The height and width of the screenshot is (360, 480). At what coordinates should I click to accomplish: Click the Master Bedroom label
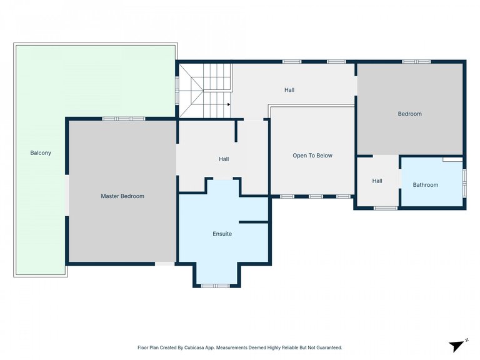122,196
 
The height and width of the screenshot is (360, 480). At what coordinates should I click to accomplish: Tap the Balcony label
41,153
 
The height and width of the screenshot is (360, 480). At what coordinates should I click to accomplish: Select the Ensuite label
222,234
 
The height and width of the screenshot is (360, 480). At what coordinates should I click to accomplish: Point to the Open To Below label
312,156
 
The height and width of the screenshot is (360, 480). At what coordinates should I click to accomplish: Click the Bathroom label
426,185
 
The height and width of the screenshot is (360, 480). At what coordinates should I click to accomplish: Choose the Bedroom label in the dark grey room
409,114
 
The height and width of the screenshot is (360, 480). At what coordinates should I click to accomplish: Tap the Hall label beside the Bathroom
377,181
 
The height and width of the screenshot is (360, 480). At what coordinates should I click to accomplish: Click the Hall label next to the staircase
289,90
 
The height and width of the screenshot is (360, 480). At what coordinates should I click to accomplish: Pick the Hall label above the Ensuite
224,159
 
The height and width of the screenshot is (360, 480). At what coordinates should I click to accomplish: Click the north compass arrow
457,346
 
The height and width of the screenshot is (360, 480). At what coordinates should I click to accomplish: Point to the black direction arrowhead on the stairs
229,104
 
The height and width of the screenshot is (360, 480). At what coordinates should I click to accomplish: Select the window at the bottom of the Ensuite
215,286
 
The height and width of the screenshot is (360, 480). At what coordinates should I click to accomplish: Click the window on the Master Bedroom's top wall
123,119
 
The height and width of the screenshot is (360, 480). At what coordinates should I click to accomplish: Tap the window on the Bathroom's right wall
464,182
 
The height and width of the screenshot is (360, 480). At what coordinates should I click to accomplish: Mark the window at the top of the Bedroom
416,62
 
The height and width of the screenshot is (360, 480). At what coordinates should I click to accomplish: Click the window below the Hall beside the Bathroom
386,208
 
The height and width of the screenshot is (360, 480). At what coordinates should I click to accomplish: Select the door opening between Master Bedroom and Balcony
67,195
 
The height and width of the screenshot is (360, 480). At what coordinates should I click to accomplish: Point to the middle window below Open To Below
315,196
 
